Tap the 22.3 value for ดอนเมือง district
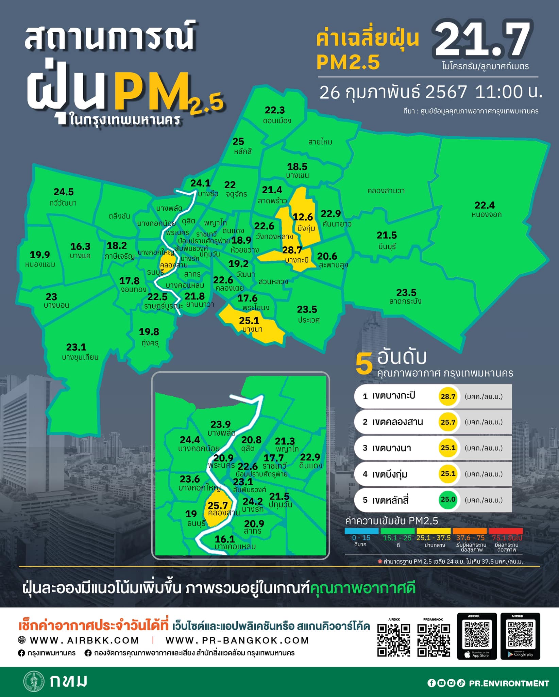click(275, 110)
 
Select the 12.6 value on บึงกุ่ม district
click(303, 217)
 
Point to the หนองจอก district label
click(486, 214)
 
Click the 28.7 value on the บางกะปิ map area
click(292, 250)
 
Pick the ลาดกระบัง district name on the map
click(405, 301)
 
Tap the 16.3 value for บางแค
click(80, 246)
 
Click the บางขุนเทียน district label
click(80, 357)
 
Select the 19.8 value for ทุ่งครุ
click(149, 331)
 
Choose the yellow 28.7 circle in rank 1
click(448, 396)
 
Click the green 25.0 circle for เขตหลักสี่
click(448, 499)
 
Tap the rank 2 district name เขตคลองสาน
click(397, 422)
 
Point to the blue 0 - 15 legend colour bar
click(361, 531)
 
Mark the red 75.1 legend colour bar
click(506, 531)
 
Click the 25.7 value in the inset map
click(218, 506)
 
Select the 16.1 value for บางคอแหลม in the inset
click(225, 539)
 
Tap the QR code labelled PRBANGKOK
click(433, 640)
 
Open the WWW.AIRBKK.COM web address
click(84, 641)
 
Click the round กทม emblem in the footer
click(34, 681)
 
